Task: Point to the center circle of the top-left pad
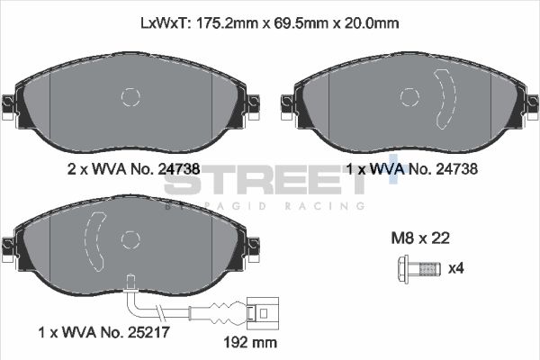coord(130,97)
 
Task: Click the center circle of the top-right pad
coord(409,97)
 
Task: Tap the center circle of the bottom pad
coord(130,239)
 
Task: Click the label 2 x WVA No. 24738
coord(133,167)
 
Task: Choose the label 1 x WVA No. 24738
coord(410,167)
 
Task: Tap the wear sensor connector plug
coord(264,314)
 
